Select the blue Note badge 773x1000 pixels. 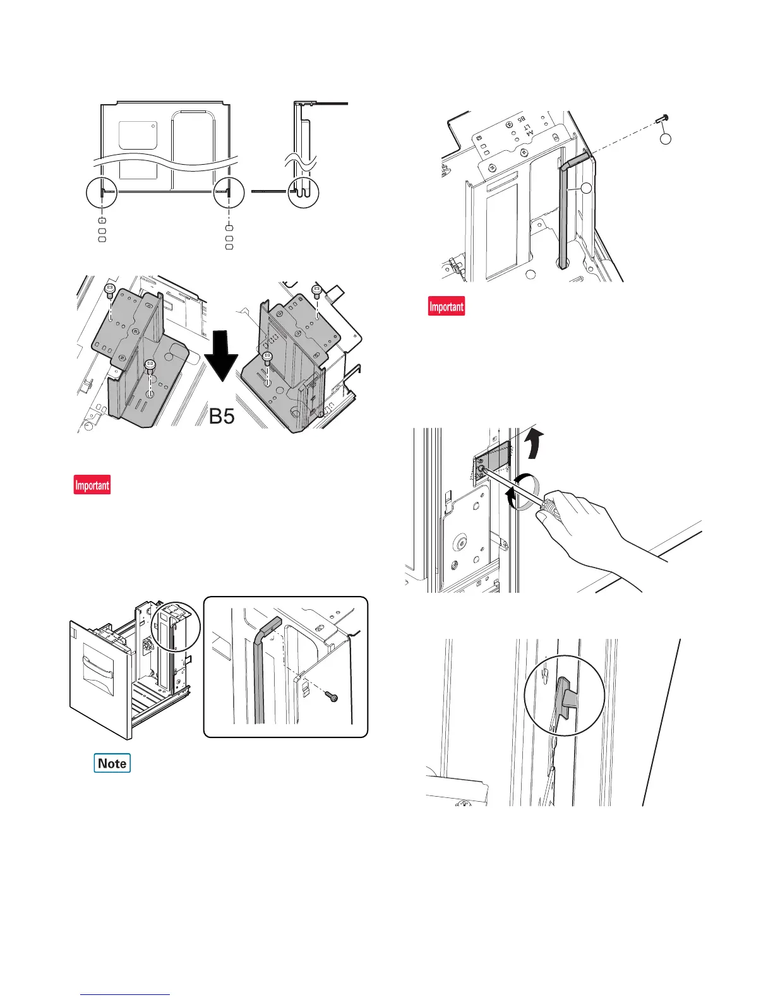pyautogui.click(x=112, y=763)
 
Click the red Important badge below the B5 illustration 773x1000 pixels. pyautogui.click(x=92, y=485)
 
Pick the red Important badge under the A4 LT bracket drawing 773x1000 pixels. pyautogui.click(x=446, y=306)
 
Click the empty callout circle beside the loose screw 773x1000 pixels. pyautogui.click(x=665, y=138)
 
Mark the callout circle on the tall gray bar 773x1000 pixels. pyautogui.click(x=587, y=188)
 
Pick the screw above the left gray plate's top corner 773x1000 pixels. pyautogui.click(x=109, y=290)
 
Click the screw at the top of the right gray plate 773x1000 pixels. pyautogui.click(x=317, y=291)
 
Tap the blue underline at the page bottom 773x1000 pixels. pyautogui.click(x=126, y=994)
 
